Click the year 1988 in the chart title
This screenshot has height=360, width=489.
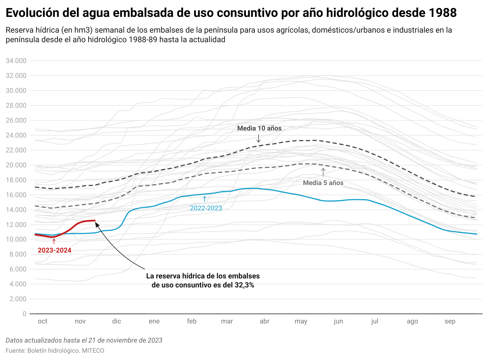[x=443, y=13]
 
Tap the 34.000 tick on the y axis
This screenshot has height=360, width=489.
[x=16, y=61]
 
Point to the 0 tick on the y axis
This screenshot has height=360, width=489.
[x=24, y=314]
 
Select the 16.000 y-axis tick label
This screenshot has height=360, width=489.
[x=16, y=195]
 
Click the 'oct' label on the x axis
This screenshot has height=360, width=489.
[x=42, y=321]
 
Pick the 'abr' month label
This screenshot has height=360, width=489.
[x=264, y=321]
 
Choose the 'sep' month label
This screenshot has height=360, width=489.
[x=450, y=321]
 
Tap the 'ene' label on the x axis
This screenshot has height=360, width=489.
[x=154, y=321]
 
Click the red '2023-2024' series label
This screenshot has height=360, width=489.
[x=55, y=250]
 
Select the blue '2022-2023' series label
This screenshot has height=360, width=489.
[x=206, y=208]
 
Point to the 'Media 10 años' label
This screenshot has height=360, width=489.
[x=259, y=128]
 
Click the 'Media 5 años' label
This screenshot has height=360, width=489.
[x=323, y=183]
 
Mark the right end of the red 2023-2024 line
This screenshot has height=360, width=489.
[x=95, y=220]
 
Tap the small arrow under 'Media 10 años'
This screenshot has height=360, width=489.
[x=259, y=138]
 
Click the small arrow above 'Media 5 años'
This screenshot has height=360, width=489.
[x=323, y=172]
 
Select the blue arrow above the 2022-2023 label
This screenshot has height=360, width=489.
[x=205, y=199]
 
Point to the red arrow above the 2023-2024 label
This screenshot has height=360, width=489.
[x=54, y=241]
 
